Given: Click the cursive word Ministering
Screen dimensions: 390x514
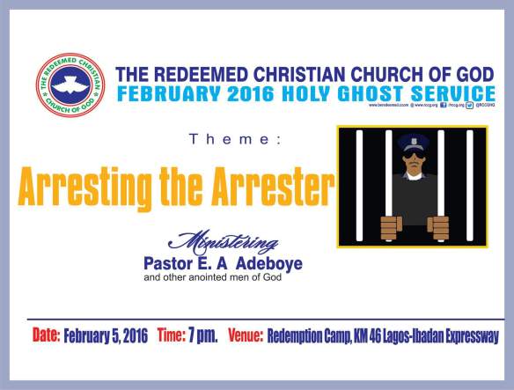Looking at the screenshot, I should pyautogui.click(x=230, y=240).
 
